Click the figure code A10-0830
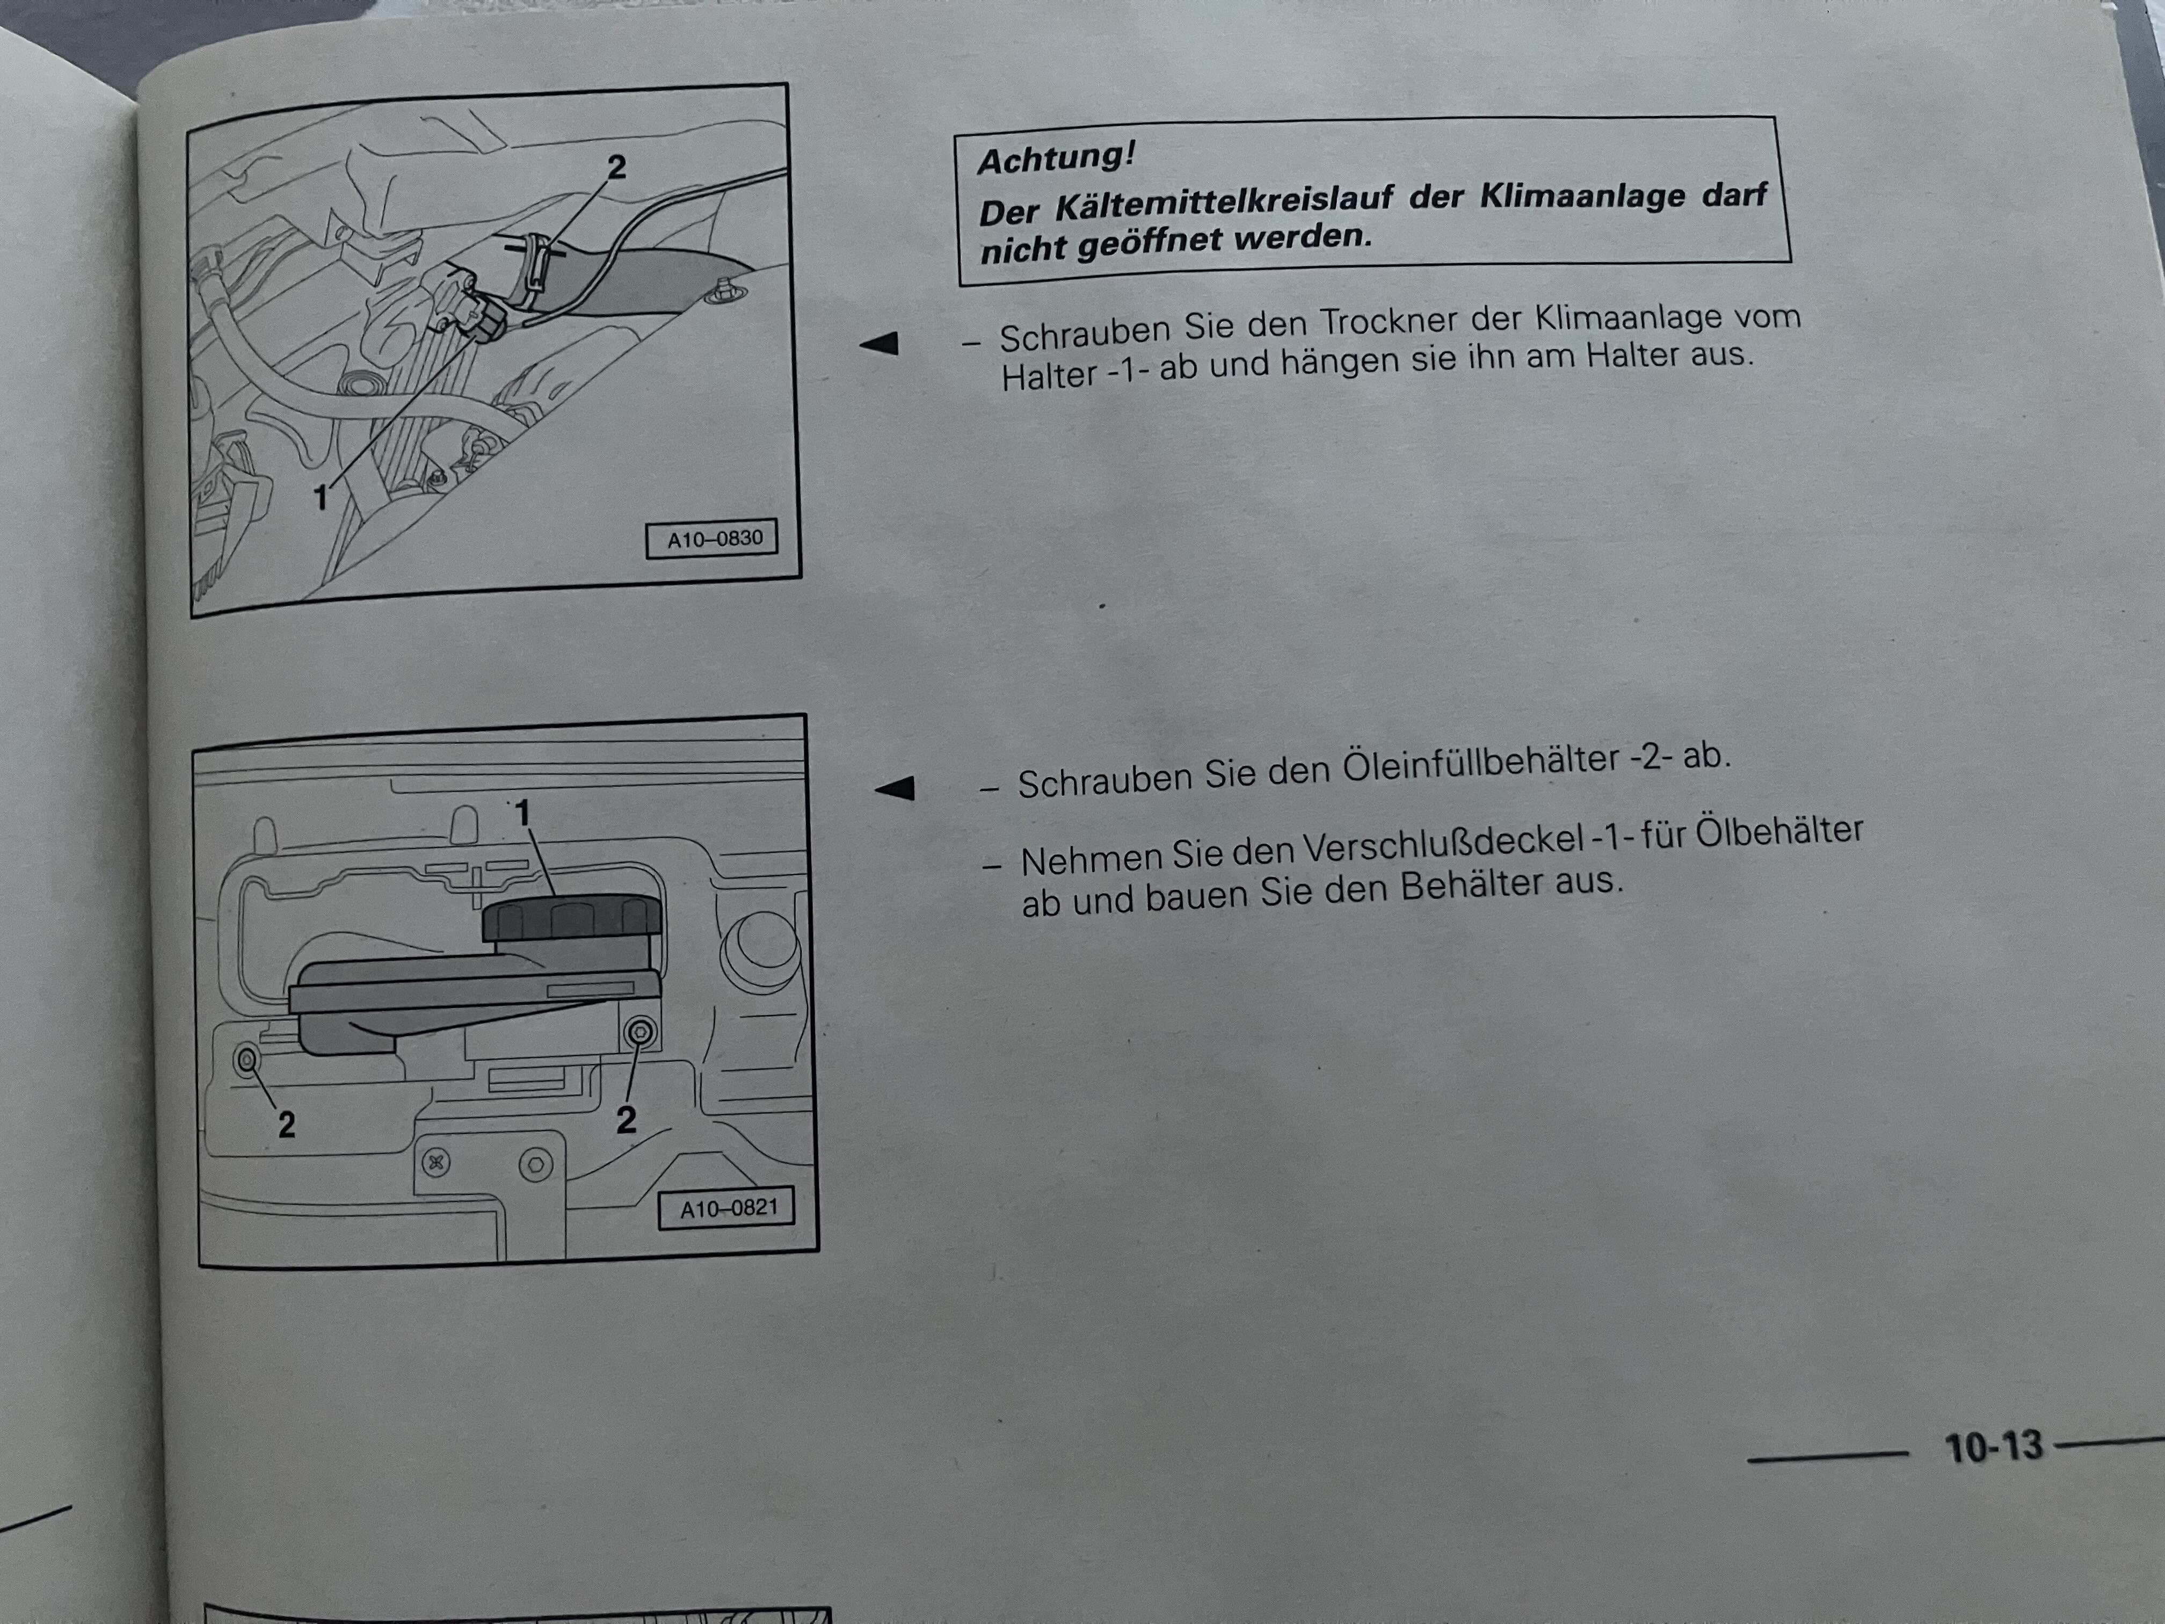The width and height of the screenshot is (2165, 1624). (x=715, y=539)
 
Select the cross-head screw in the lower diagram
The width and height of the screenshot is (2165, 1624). (x=437, y=1163)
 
